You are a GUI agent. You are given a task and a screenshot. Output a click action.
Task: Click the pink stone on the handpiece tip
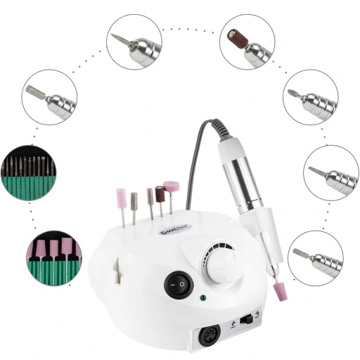tap(280, 290)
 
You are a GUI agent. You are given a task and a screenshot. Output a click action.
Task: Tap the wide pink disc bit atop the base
tap(172, 187)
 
